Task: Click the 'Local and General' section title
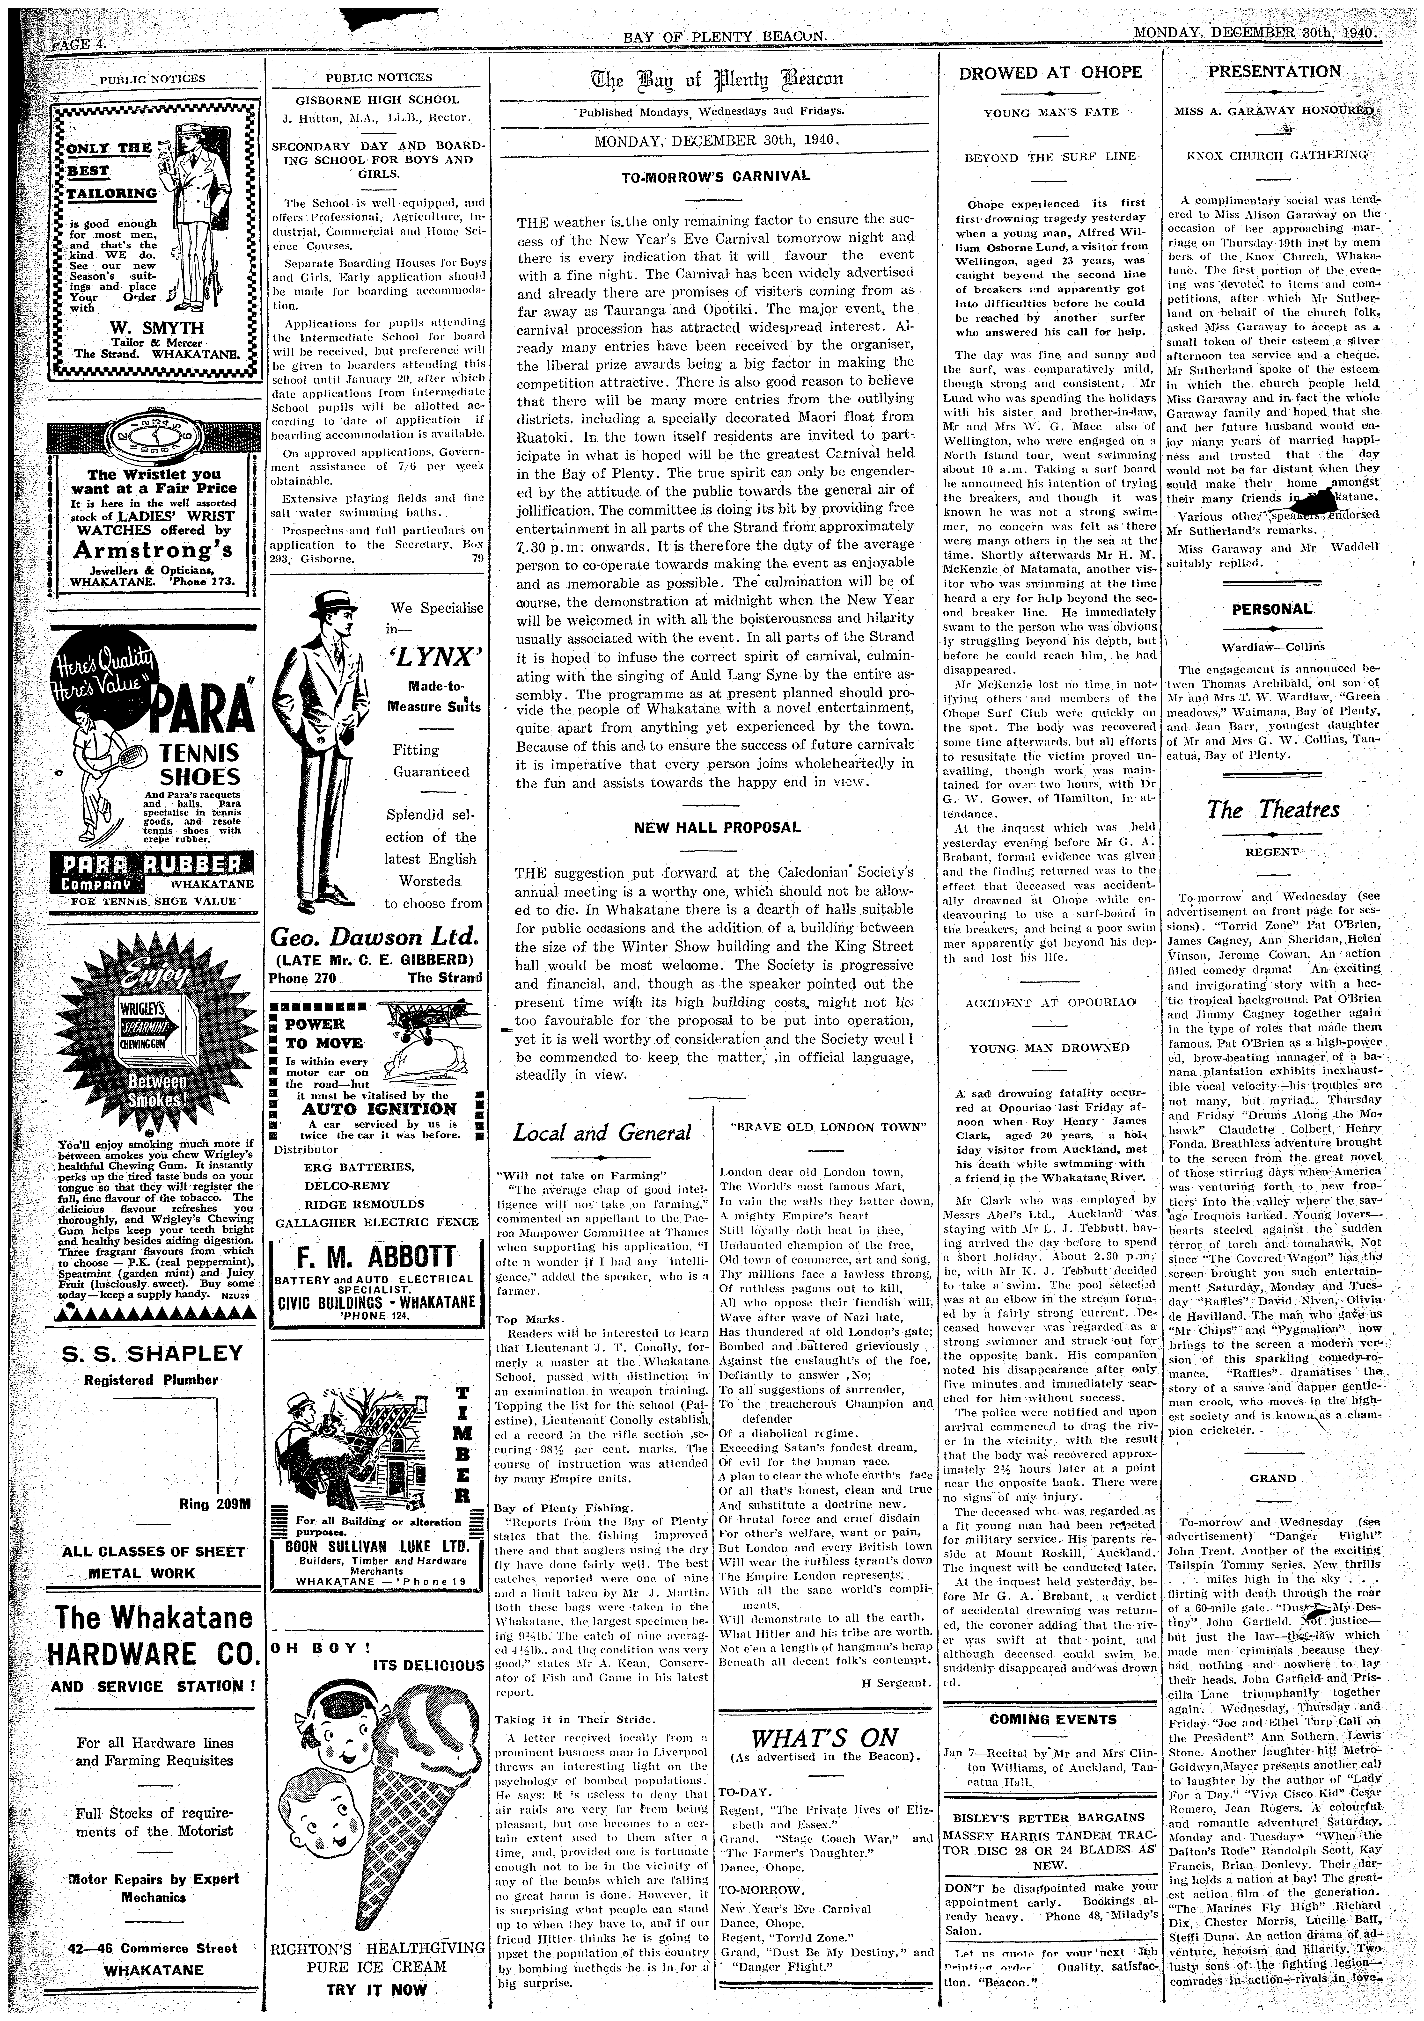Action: click(x=602, y=1132)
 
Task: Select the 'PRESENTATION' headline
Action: click(x=1274, y=71)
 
